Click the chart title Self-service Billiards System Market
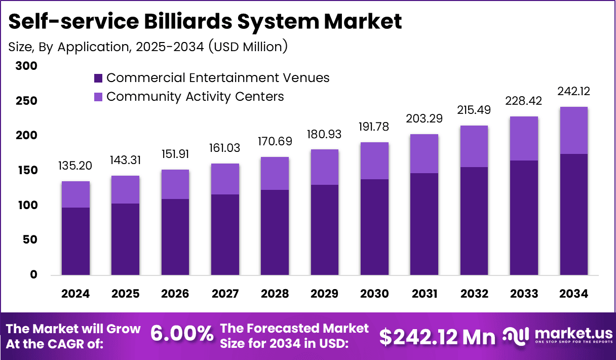(205, 22)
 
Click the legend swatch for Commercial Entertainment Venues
(98, 78)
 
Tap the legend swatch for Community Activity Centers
(98, 97)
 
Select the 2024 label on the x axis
(75, 294)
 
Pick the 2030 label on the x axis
(375, 294)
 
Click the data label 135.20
(75, 166)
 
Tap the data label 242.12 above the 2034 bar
(574, 92)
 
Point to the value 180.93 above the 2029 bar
(325, 135)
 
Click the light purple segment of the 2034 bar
(574, 130)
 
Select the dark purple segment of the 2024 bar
(75, 241)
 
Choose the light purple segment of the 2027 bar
(225, 179)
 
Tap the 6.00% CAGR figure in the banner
(182, 334)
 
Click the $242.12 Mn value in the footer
(438, 336)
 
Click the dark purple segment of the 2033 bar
(524, 218)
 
